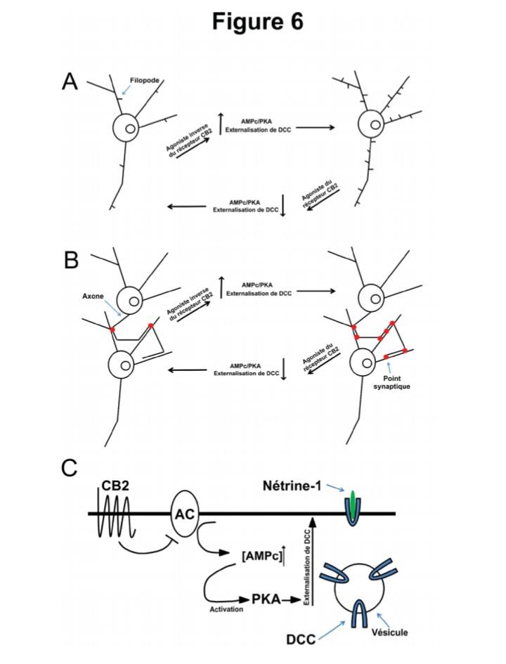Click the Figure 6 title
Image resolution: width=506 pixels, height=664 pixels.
(257, 22)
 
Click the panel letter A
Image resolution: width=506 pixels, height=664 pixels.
(70, 82)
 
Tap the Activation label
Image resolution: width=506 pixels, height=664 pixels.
(226, 609)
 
